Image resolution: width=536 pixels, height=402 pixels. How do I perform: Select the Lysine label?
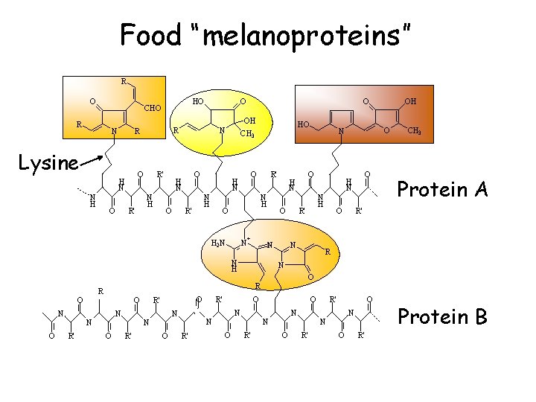pos(48,162)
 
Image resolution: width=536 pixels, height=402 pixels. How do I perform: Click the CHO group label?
pos(153,109)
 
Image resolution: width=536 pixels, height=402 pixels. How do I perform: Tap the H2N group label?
pos(217,243)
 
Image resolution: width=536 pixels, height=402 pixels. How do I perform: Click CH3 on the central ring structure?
pos(249,135)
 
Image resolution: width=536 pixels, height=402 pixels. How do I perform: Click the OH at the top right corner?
pos(410,100)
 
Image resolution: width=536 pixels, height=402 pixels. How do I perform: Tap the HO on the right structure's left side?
pos(303,124)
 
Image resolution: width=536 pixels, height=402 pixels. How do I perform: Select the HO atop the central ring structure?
pos(199,100)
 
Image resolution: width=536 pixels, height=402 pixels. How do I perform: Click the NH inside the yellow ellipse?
pos(234,266)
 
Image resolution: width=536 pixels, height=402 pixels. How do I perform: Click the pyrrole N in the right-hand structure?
pos(340,132)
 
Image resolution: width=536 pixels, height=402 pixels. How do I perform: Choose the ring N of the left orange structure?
pos(113,133)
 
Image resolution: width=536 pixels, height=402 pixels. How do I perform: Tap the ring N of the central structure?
pos(223,131)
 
